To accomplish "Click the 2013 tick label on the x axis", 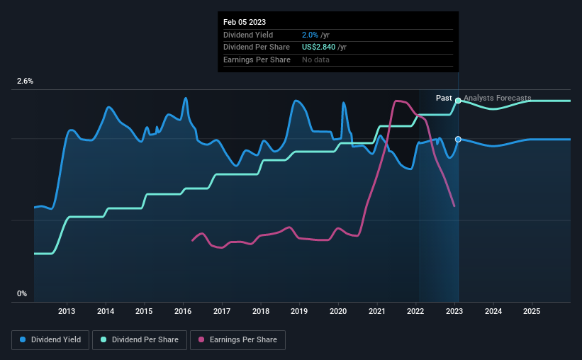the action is coord(67,311).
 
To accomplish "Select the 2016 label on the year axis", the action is coord(183,311).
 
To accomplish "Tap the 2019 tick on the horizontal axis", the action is coord(299,311).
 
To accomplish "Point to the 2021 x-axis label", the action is coord(376,311).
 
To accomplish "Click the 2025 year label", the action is coord(532,311).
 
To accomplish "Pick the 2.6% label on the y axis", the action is coord(25,81).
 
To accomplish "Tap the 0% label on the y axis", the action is coord(22,293).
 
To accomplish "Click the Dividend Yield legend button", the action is coord(50,340).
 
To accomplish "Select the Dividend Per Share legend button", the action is coord(140,340).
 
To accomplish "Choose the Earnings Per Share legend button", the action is coord(237,340).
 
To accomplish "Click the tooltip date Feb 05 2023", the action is coord(245,22).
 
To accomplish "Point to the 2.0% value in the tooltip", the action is coord(310,35).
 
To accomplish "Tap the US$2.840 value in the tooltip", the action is coord(318,47).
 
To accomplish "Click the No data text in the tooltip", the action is coord(315,60).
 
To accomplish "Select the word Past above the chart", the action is coord(444,98).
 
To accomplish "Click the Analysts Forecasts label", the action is coord(498,98).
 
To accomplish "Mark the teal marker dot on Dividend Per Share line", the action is coord(458,101).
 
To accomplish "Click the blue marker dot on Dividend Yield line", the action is coord(458,139).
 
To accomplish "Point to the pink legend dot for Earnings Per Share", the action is coord(201,339).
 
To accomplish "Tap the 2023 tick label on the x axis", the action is coord(454,311).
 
